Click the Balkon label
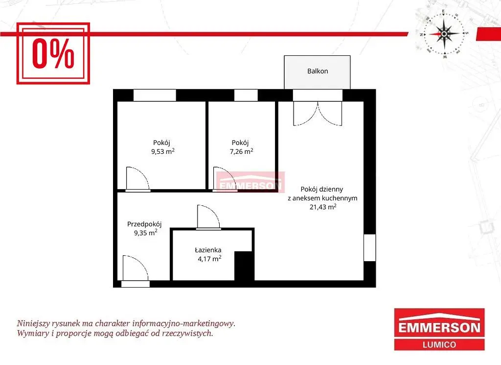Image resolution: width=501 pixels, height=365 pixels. (x=317, y=71)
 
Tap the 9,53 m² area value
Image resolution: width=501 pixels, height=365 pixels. (x=162, y=151)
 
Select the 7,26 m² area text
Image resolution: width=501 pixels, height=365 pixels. (x=241, y=151)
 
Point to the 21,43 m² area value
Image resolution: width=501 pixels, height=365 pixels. (x=323, y=207)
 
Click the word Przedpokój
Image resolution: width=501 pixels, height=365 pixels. (x=144, y=224)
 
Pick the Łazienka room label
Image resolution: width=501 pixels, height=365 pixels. (x=208, y=250)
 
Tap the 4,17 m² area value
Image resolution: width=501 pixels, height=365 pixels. (x=209, y=259)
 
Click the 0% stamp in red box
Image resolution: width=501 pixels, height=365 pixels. (x=53, y=53)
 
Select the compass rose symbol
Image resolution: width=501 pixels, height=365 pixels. (x=444, y=34)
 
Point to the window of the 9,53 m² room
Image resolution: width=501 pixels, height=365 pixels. (x=155, y=96)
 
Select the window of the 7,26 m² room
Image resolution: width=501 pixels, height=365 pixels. (x=246, y=96)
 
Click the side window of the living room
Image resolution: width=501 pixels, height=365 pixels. (x=370, y=247)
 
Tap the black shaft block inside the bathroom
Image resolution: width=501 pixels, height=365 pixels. (x=244, y=266)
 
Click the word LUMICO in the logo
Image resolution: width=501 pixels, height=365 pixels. (x=439, y=344)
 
